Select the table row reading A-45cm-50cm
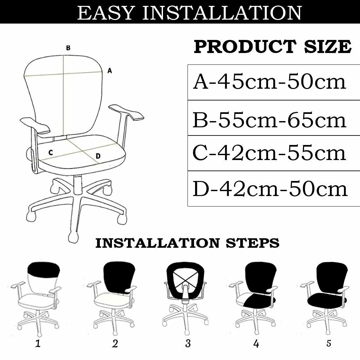274,82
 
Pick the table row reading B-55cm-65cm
274,118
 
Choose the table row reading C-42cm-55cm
274,153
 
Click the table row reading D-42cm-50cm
274,189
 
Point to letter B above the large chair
68,48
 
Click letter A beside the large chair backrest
110,70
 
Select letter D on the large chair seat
98,156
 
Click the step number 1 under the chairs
38,343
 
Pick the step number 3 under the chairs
188,343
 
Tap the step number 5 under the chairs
329,343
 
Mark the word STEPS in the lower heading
253,243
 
